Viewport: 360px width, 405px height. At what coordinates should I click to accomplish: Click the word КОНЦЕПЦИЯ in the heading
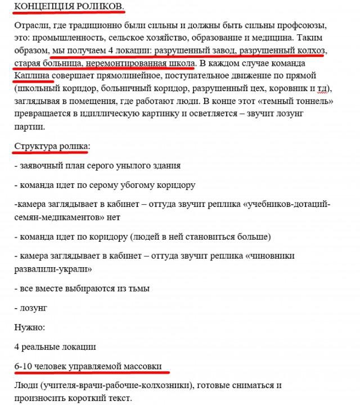click(42, 6)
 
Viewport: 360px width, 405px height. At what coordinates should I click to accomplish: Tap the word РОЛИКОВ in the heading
click(98, 6)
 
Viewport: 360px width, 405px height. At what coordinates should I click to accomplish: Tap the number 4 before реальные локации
click(17, 347)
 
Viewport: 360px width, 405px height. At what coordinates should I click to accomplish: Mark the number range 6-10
click(24, 366)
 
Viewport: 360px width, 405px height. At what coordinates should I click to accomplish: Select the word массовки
click(138, 366)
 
